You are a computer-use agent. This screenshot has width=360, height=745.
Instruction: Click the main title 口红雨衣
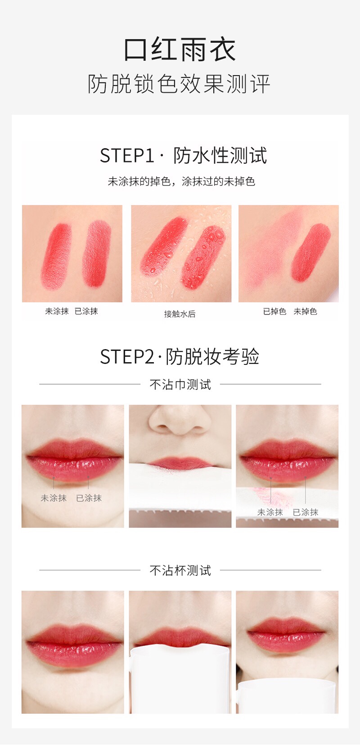click(180, 49)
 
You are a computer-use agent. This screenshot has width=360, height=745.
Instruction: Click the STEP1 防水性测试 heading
click(183, 155)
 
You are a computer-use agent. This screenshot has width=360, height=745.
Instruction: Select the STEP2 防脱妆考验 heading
click(180, 357)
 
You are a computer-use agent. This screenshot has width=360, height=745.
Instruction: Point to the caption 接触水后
click(180, 314)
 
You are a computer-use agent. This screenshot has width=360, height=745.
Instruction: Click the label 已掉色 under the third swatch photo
click(274, 311)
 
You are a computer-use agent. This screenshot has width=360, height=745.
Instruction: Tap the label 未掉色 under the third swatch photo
click(305, 311)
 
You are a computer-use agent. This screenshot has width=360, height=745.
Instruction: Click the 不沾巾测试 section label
click(180, 385)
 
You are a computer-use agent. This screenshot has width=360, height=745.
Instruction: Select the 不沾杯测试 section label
click(180, 570)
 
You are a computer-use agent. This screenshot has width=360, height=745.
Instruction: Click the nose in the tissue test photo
click(180, 420)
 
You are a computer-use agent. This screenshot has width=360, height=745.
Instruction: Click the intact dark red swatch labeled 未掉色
click(311, 252)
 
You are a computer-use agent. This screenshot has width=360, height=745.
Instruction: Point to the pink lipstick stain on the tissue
click(272, 496)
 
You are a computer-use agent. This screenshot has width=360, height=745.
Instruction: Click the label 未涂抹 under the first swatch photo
click(57, 311)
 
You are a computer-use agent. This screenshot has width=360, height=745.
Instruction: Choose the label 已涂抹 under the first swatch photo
click(86, 311)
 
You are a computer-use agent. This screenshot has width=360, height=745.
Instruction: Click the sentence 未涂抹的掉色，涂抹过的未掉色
click(181, 182)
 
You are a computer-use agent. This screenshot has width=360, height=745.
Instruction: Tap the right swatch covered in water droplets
click(203, 257)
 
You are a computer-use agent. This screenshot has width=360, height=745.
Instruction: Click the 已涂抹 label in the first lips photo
click(89, 498)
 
